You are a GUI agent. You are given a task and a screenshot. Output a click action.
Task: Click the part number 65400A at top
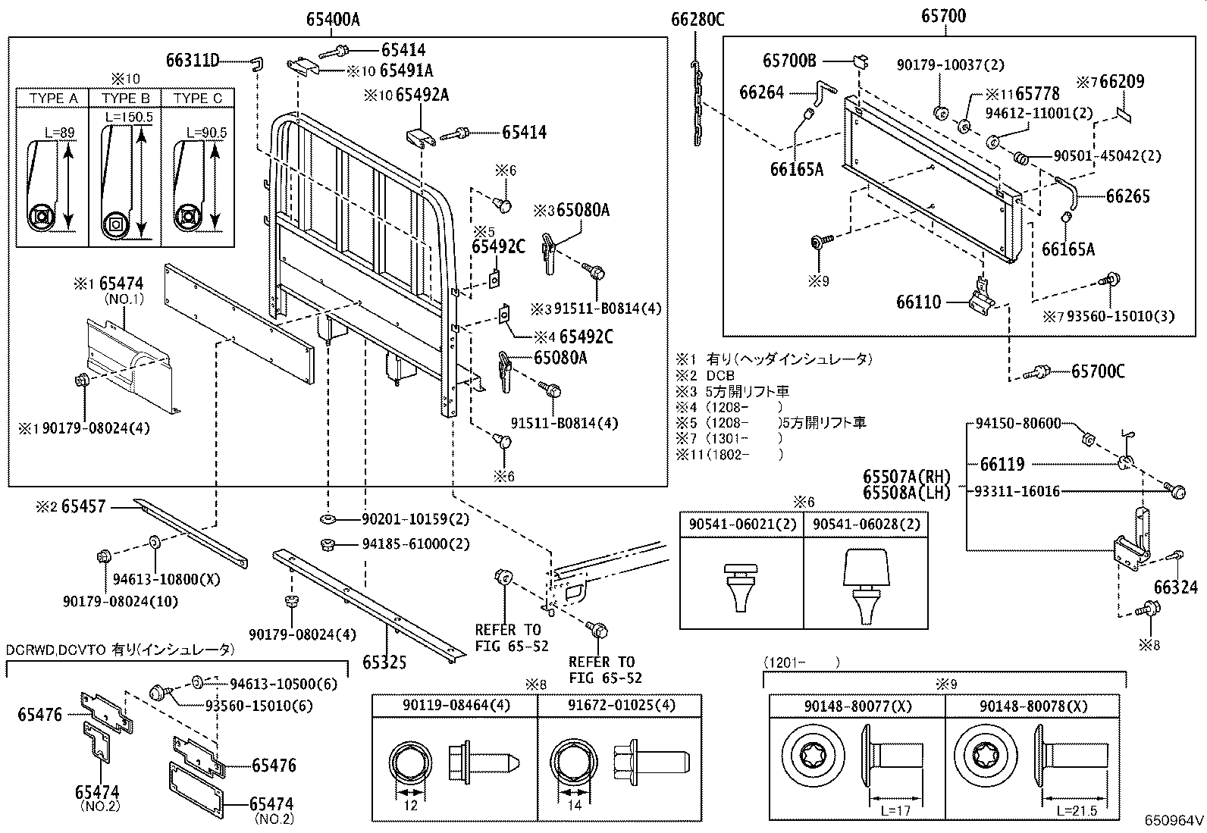tap(332, 20)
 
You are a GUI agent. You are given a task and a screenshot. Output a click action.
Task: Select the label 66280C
tap(698, 20)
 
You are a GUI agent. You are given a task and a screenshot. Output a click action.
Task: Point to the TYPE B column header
tap(126, 99)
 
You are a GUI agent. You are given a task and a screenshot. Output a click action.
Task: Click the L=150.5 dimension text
tap(129, 117)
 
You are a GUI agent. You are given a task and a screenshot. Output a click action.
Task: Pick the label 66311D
tap(193, 60)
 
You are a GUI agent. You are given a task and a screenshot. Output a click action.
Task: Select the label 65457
tap(83, 506)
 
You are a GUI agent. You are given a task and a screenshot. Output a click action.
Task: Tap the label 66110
tap(918, 302)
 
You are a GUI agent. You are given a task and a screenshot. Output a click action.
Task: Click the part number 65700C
tap(1098, 371)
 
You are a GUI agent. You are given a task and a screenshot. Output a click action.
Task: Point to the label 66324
tap(1176, 587)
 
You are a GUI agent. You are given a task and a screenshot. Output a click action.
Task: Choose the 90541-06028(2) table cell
tap(866, 525)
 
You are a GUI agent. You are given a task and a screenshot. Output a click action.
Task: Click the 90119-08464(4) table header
tap(456, 705)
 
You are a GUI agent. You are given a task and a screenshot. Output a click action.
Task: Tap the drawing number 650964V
tap(1174, 820)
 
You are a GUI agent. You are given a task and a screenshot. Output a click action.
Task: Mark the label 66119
tap(1002, 464)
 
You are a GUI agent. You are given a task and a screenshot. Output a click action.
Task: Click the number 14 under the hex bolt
tap(575, 805)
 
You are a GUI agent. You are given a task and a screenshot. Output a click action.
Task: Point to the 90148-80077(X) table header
tap(858, 706)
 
